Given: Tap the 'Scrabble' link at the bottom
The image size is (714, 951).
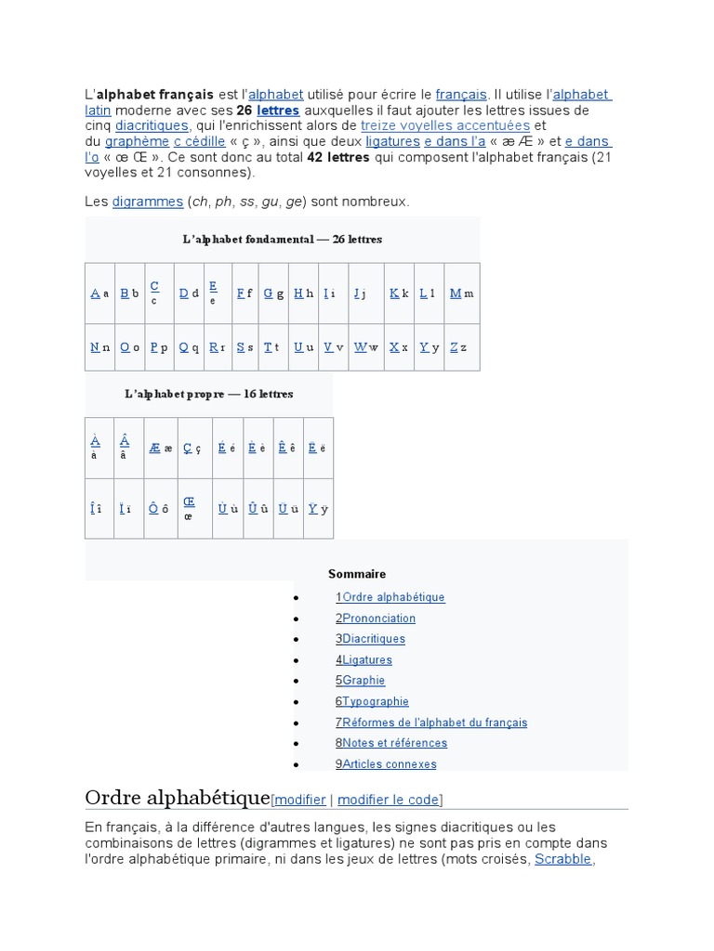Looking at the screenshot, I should coord(563,859).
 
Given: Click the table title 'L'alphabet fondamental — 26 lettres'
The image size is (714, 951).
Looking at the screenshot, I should coord(282,240).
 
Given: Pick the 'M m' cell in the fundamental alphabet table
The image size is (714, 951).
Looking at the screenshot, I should coord(461,293).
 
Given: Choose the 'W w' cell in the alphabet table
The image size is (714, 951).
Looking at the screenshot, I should coord(366,347).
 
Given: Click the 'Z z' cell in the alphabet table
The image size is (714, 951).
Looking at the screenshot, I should coord(457,347).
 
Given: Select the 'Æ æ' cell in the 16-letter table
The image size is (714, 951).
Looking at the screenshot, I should coord(160,448).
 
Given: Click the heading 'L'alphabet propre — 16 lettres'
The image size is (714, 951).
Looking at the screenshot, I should coord(209,394).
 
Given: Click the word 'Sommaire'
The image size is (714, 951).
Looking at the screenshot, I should coord(357,574).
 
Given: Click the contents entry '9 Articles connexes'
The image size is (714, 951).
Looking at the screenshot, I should coord(386,764).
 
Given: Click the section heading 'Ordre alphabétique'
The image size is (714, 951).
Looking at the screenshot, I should coord(177,798).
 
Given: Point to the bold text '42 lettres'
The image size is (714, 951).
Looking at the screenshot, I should coord(337,158).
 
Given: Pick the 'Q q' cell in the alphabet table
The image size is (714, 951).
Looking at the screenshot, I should coord(189,347).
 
